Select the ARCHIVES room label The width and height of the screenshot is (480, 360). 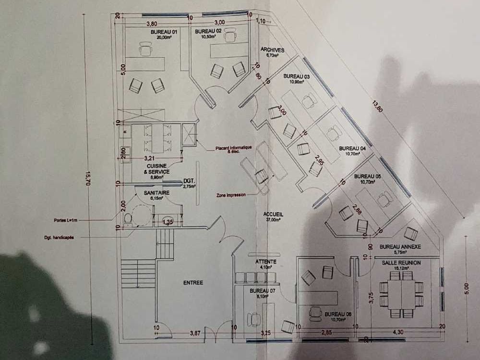click(x=273, y=50)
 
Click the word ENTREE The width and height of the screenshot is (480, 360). click(x=193, y=283)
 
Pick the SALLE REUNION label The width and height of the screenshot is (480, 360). click(x=401, y=263)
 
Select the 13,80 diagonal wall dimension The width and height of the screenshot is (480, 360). click(x=377, y=106)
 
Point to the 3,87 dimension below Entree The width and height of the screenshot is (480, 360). click(x=194, y=332)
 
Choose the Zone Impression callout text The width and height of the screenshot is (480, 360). click(x=231, y=195)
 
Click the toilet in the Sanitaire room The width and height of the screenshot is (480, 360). click(x=128, y=219)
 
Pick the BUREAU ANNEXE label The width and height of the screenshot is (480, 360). click(x=400, y=247)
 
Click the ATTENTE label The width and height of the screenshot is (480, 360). click(x=262, y=262)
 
